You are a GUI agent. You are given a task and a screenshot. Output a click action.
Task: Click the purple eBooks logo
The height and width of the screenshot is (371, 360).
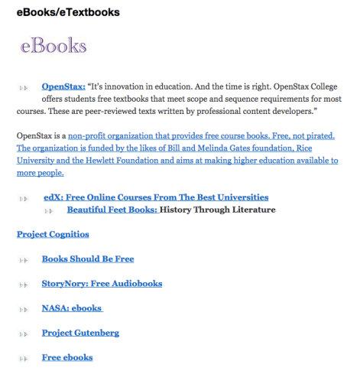coord(54,46)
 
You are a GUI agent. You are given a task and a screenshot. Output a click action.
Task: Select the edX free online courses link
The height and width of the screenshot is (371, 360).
coord(156,197)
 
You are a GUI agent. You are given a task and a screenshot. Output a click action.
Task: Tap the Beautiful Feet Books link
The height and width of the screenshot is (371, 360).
coord(112,209)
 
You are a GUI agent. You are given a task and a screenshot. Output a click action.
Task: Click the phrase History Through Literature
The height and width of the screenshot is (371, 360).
coord(218,209)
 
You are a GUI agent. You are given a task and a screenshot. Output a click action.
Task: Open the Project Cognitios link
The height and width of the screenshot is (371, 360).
coord(53,234)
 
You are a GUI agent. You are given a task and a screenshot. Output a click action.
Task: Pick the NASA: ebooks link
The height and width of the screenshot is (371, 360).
coord(72,308)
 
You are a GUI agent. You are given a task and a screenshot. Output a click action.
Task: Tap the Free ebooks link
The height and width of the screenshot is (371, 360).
coord(67,357)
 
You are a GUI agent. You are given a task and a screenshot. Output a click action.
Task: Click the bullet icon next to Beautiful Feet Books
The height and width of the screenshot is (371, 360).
coord(54,210)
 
